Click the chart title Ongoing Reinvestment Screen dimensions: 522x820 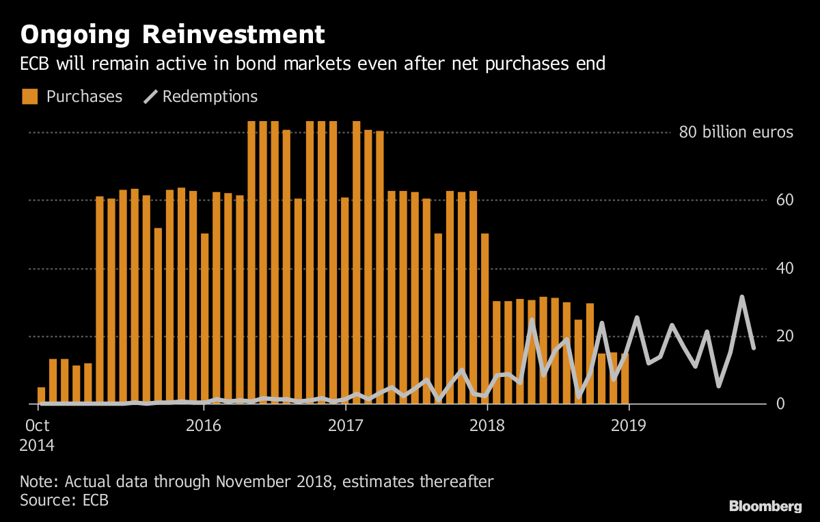pos(172,34)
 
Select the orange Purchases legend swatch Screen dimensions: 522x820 pos(29,96)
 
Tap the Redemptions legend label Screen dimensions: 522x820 pos(210,96)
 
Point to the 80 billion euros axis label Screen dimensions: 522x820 pos(735,132)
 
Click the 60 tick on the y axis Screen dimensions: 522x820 pos(784,200)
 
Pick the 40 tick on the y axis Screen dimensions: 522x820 pos(784,268)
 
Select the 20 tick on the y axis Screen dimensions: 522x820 pos(784,337)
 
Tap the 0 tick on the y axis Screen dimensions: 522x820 pos(789,404)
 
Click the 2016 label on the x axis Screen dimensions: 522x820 pos(204,426)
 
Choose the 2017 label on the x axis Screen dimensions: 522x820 pos(346,426)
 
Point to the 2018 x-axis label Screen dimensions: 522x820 pos(487,426)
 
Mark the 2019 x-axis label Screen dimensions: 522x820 pos(629,426)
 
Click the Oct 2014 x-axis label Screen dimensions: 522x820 pos(37,435)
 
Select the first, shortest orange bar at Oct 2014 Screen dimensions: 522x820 pos(41,396)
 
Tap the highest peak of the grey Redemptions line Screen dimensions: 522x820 pos(742,297)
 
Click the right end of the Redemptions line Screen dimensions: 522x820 pos(753,348)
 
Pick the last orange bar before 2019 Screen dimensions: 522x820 pos(625,379)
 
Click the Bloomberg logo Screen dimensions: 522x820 pos(765,506)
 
